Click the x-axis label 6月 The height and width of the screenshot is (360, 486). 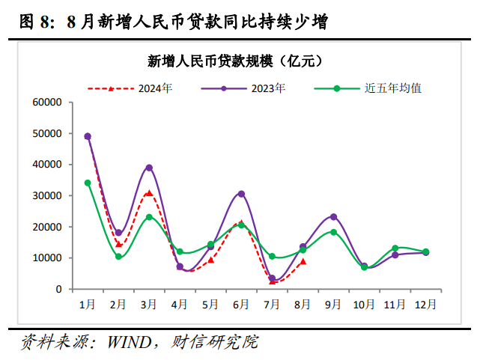241,305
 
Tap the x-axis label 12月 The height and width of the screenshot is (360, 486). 425,305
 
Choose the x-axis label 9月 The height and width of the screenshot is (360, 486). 333,305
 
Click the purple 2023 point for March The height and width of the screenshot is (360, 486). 149,168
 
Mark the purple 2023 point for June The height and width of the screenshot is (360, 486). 241,194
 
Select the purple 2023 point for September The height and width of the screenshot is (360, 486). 333,217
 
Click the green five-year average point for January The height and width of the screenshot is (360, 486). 88,183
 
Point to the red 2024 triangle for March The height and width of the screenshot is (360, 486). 149,193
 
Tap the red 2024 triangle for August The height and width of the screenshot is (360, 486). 303,261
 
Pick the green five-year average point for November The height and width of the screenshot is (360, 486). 395,248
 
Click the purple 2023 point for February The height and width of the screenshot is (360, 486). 118,233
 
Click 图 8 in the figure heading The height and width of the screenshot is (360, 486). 34,22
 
